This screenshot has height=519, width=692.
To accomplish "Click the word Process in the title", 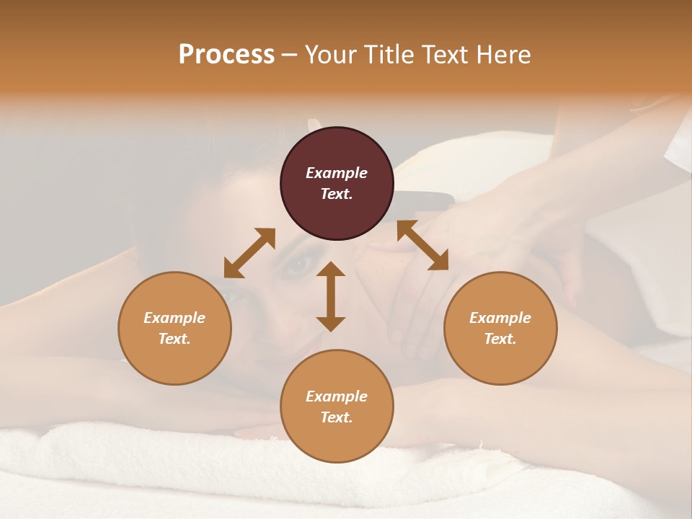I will [x=226, y=55].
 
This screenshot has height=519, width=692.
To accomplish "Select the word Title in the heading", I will [x=389, y=55].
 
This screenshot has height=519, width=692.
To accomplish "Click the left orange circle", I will [x=174, y=328].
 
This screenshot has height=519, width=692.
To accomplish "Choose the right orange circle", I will [x=500, y=328].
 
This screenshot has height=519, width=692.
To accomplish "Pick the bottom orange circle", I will [x=337, y=406].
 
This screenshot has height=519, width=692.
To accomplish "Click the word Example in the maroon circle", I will [x=337, y=173].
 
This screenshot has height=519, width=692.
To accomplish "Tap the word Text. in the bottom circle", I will [x=337, y=417].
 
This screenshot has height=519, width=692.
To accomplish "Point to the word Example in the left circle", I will [x=174, y=318].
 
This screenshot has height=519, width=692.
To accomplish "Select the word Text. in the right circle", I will [x=500, y=339].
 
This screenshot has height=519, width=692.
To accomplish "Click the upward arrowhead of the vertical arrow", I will [x=331, y=268].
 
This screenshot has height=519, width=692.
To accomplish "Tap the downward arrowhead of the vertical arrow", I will [x=331, y=324].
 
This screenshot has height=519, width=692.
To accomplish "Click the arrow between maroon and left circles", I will [x=249, y=252].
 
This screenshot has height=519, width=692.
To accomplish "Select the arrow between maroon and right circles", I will [x=422, y=245].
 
